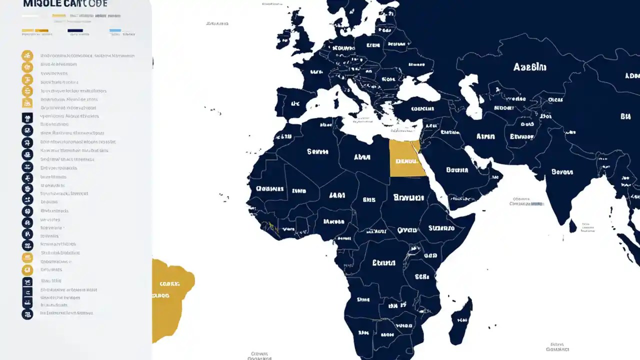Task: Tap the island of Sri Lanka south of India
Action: click(573, 226)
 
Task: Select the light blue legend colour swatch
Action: click(115, 30)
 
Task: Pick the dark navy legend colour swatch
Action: click(75, 30)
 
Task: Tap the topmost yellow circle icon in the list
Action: click(27, 55)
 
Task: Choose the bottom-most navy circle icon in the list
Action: click(27, 314)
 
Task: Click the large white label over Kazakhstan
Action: click(529, 67)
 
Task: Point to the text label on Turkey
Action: click(422, 108)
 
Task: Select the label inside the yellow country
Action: click(406, 161)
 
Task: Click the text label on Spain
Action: click(294, 104)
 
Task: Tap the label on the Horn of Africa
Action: click(441, 228)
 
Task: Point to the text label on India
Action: click(561, 172)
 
